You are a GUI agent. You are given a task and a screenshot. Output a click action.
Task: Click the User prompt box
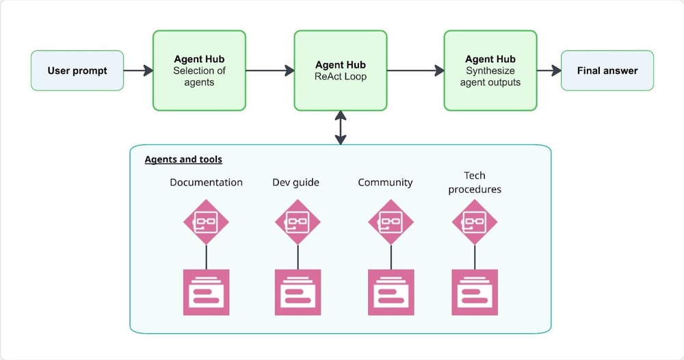77,70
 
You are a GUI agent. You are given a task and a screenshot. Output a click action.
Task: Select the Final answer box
607,70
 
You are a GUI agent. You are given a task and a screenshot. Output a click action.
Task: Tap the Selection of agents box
199,70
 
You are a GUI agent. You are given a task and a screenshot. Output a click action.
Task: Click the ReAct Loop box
341,70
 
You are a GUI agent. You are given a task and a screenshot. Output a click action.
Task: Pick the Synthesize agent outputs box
490,70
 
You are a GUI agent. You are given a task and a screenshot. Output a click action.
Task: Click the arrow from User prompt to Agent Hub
138,70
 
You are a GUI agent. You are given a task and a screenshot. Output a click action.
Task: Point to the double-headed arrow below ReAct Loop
341,127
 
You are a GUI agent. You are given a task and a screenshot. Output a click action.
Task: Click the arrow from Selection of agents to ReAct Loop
269,70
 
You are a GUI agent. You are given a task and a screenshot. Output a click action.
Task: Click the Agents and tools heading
183,159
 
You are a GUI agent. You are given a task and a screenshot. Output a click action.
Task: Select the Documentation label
206,182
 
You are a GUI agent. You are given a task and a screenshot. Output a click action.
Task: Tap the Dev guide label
295,182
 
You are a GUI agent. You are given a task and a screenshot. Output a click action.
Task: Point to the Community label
385,182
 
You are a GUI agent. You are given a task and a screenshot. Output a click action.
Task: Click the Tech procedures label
475,182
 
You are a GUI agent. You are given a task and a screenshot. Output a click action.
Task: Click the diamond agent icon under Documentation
206,222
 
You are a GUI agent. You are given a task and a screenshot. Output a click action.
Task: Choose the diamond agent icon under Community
391,222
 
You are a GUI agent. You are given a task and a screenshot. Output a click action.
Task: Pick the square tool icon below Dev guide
298,292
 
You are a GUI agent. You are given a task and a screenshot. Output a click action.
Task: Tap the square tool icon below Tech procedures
475,292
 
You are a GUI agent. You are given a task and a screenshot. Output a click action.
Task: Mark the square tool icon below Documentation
206,292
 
